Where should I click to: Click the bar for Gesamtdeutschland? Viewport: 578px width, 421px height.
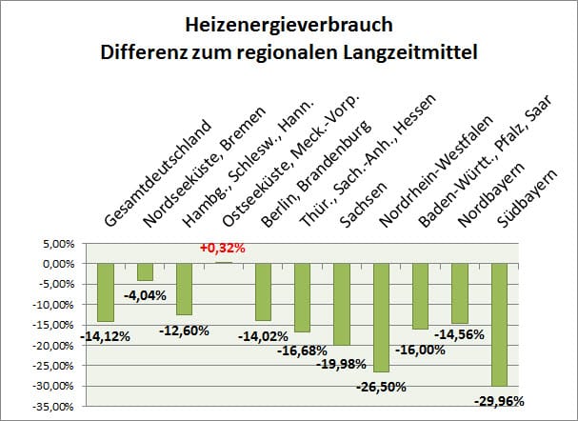pos(105,291)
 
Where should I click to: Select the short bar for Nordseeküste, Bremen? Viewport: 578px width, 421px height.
pos(145,271)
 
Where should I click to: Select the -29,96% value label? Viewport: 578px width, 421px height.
pos(499,400)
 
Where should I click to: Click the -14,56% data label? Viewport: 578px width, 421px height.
pos(459,333)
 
